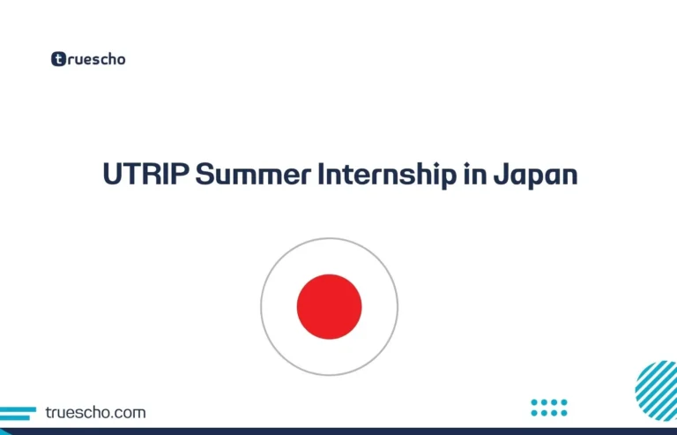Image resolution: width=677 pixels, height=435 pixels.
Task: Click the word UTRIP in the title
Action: coord(145,175)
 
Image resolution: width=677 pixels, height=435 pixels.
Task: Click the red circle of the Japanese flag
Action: coord(329,306)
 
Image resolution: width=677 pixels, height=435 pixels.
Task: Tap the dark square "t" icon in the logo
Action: coord(58,60)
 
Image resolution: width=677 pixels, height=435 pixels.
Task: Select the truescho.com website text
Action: coord(95,412)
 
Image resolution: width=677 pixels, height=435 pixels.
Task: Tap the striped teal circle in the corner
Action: coord(657,391)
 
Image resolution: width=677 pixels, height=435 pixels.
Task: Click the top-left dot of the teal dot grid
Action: coord(535,402)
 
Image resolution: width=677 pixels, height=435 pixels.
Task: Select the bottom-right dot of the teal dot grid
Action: coord(564,412)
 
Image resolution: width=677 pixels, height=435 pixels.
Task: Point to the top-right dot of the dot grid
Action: coord(564,402)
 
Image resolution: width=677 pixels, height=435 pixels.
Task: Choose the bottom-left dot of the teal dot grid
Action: coord(535,412)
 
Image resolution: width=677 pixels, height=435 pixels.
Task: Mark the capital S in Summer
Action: coord(204,175)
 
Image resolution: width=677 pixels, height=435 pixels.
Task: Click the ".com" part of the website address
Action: coord(130,412)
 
